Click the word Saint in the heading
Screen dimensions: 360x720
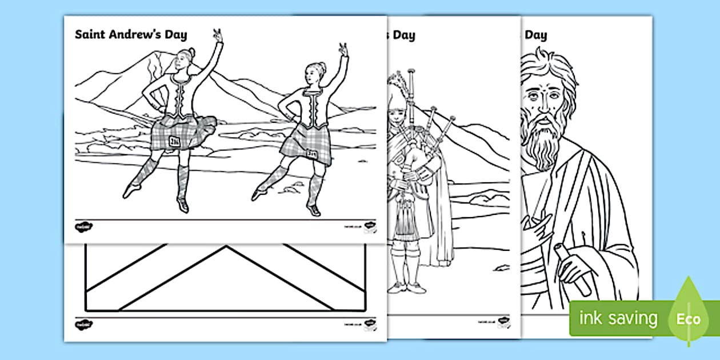click(88, 35)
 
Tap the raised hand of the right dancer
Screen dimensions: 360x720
click(343, 49)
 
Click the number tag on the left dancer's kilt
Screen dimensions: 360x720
click(175, 141)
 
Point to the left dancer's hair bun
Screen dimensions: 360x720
click(192, 53)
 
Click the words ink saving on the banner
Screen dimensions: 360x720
click(618, 318)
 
